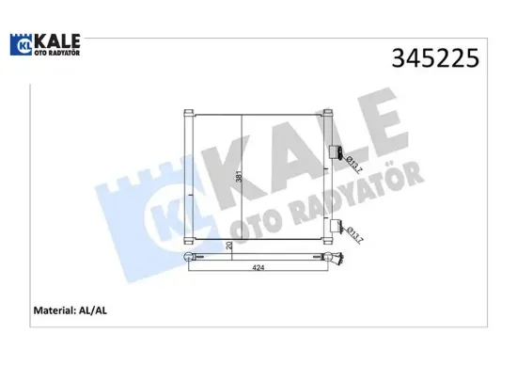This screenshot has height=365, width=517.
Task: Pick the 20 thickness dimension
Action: coord(228,246)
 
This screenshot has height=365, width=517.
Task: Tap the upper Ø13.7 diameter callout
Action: coord(353,167)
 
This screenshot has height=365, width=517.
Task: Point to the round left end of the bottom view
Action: coord(187,256)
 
